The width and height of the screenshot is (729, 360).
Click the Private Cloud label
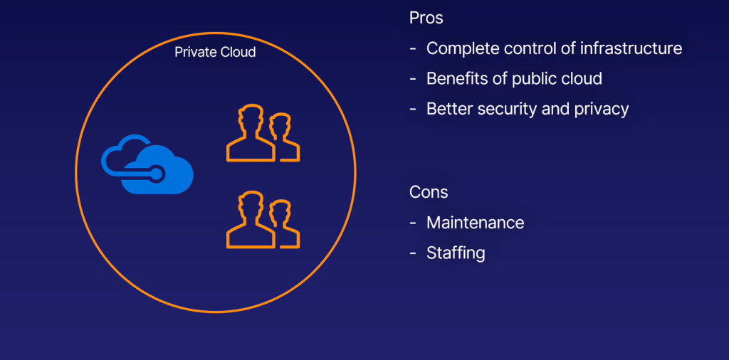pos(215,53)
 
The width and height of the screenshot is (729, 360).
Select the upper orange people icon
pos(263,133)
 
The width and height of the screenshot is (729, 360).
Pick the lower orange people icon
pos(263,220)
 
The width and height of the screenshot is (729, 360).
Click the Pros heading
pos(426,18)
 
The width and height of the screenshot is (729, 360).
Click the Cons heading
pos(429,192)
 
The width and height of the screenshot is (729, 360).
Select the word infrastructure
pos(631,48)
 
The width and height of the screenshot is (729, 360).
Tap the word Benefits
pos(456,79)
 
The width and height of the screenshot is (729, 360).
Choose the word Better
pos(449,109)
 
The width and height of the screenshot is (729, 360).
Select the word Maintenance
pos(475,223)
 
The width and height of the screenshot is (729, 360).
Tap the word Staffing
pos(456,253)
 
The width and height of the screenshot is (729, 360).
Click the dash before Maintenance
pos(414,223)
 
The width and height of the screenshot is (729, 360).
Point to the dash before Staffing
pos(414,253)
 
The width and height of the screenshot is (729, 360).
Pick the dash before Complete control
pos(414,49)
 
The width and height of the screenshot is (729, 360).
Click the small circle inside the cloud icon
pos(155,172)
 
